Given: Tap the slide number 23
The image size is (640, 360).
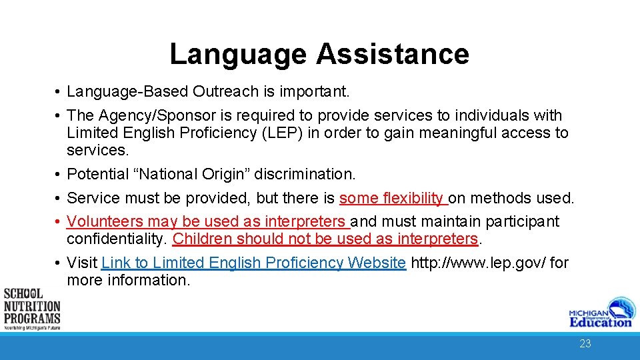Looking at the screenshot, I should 585,344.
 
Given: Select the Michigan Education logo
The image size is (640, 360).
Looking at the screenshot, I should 599,313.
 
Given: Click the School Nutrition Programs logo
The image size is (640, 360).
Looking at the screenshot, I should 31,309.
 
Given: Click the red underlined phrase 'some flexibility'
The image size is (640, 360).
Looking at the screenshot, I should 391,198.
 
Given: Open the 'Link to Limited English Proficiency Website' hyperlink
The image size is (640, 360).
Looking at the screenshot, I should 253,263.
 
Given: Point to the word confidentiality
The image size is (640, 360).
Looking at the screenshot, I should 117,239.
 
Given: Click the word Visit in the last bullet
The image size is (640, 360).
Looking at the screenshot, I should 83,263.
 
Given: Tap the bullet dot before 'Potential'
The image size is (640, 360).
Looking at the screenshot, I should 59,175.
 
